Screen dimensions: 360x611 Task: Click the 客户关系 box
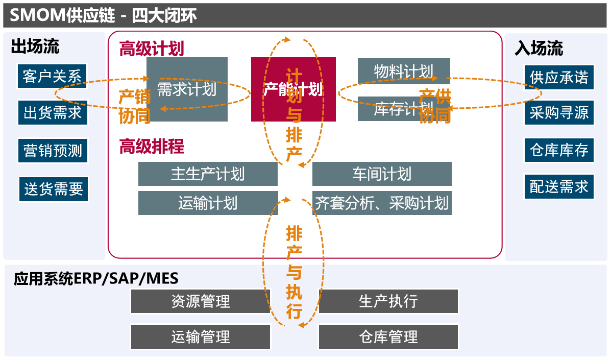52,77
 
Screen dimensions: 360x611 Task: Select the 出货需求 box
52,113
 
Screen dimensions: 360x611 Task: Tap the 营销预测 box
52,151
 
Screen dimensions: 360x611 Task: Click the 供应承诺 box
559,77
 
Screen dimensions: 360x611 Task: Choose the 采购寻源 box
559,113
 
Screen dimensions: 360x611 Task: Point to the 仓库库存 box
559,150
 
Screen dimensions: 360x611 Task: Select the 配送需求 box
559,187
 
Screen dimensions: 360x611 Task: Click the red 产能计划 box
293,89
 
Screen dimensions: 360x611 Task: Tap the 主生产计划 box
208,174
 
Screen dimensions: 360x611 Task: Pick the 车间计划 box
382,174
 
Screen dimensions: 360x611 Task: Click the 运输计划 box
208,203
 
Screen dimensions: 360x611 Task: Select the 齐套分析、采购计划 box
382,203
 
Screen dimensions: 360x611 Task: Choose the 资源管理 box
201,301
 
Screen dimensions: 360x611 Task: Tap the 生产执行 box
388,301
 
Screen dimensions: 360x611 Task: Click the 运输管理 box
201,337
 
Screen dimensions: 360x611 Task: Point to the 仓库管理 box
388,337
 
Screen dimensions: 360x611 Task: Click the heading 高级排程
152,147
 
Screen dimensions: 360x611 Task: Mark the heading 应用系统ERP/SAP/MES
96,278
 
